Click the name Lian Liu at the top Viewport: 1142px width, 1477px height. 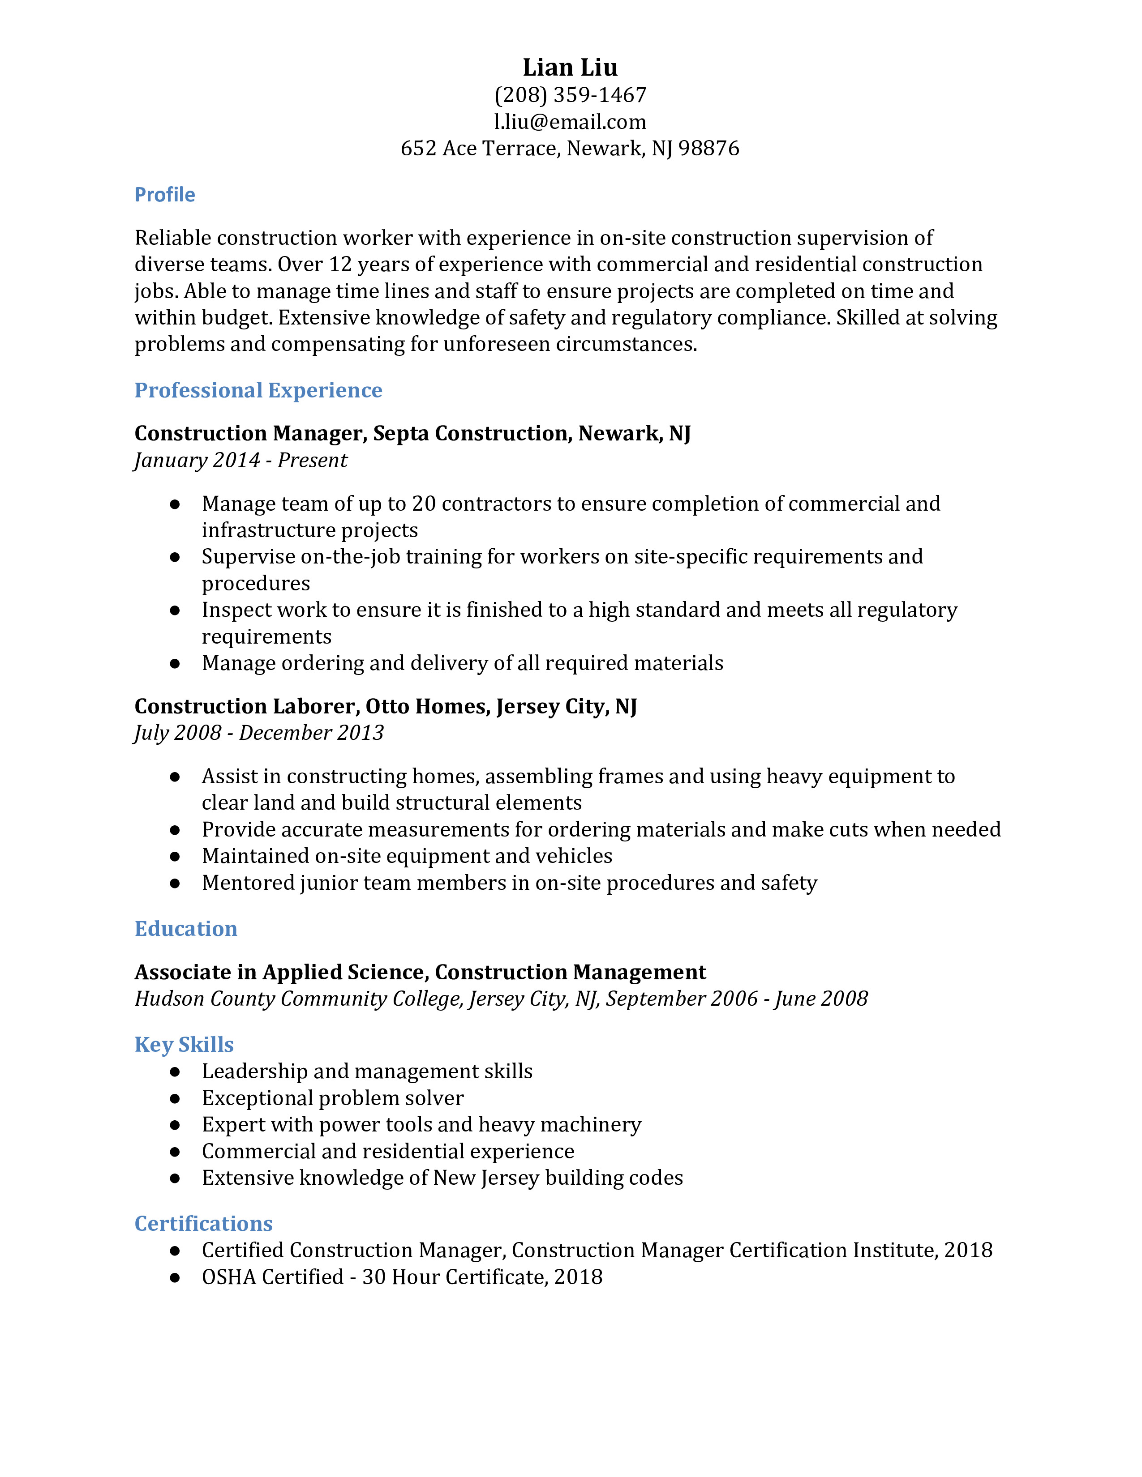coord(570,67)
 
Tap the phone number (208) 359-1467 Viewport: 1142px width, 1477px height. coord(570,95)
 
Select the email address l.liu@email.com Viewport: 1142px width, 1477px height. coord(570,122)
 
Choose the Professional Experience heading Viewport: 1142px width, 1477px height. coord(258,390)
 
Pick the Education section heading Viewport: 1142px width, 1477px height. coord(185,929)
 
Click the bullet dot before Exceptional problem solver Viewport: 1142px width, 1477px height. coord(175,1098)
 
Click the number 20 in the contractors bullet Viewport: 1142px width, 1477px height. coord(424,504)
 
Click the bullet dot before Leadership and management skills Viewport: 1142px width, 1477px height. coord(175,1072)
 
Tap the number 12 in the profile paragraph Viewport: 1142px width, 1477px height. coord(340,265)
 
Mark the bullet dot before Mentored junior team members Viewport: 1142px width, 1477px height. coord(175,883)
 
